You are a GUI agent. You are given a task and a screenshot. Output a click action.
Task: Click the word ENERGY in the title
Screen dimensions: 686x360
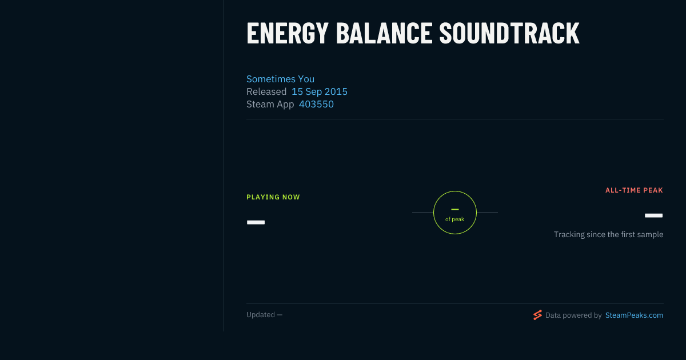287,33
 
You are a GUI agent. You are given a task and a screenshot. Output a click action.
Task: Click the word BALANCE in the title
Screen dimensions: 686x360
384,33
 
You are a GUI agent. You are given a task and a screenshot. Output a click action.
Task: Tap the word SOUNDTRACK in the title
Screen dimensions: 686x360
509,33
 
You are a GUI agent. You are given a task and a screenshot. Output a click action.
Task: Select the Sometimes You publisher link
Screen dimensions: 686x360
280,79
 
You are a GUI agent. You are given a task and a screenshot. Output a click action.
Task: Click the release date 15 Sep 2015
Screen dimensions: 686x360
320,91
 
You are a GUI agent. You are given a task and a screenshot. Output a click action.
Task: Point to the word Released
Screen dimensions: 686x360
266,91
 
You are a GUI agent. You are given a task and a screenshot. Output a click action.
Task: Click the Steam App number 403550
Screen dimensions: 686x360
316,104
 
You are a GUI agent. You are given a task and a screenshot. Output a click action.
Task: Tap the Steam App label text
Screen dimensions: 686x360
270,105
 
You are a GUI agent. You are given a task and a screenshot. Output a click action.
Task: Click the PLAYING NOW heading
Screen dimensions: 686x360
273,197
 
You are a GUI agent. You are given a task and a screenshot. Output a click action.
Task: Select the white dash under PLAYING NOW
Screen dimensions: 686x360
256,222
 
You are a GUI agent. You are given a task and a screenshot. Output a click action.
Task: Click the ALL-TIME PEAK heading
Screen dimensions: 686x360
634,190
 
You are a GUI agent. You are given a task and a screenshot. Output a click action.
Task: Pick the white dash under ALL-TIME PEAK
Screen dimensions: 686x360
653,215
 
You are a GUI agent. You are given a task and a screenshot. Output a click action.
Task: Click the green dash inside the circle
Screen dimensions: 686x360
455,209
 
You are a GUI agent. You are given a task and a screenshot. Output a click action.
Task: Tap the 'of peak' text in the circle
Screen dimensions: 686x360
455,219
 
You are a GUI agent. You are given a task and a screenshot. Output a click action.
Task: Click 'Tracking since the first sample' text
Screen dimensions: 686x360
608,234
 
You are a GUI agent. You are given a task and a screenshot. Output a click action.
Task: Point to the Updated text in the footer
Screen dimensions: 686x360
261,315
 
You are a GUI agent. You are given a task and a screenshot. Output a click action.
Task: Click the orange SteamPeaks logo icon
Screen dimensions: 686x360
537,315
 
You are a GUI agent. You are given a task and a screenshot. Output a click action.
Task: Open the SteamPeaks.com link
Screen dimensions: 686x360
634,315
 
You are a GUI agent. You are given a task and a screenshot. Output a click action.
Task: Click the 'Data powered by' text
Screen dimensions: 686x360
573,315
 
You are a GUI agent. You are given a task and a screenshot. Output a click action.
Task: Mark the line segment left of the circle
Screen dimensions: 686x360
422,213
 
